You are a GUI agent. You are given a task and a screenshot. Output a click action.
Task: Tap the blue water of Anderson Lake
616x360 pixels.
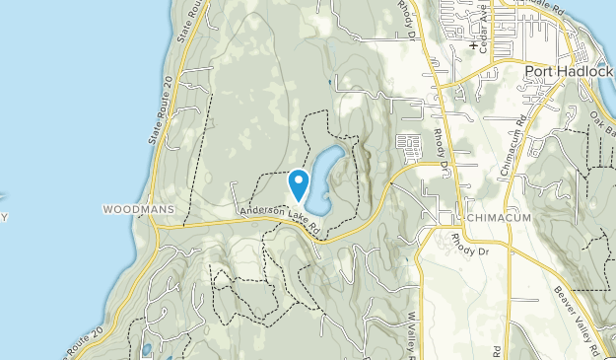coord(323,178)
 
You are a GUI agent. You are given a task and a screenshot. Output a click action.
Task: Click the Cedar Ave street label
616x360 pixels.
coord(484,33)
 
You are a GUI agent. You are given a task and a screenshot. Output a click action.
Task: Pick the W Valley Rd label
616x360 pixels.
coord(409,333)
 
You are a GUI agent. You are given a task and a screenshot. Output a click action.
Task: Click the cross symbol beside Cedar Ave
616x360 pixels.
coord(475,45)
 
